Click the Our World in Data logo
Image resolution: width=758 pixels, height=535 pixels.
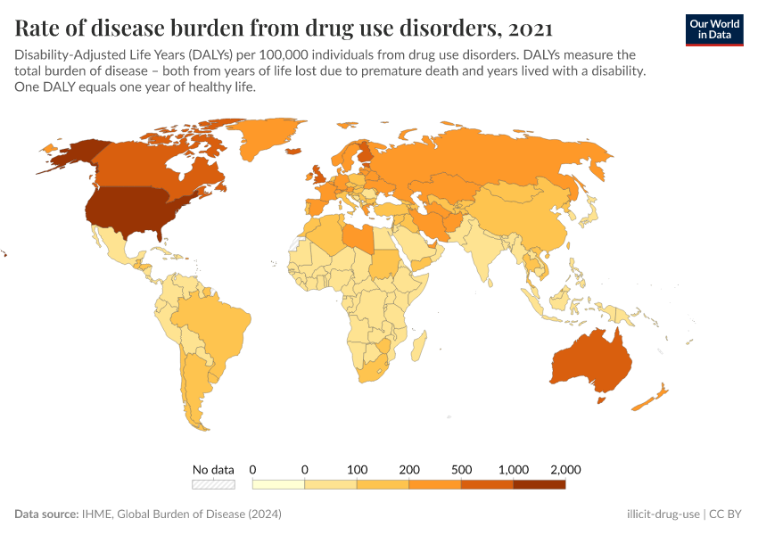pos(714,29)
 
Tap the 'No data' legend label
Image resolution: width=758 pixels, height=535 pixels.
pos(213,469)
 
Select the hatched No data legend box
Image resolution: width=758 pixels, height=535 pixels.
pos(213,484)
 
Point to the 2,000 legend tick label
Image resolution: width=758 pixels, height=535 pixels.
pos(565,469)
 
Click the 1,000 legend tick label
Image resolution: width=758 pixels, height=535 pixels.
pos(514,469)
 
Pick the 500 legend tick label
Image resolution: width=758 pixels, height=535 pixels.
pos(461,469)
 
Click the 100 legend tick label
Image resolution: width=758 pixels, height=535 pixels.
pos(358,469)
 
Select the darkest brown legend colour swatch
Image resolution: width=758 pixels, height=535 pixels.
pos(540,484)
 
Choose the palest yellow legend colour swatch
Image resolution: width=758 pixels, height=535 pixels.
pos(279,484)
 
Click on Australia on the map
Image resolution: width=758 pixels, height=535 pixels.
pos(592,361)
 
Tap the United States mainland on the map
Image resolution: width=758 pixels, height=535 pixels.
pos(134,210)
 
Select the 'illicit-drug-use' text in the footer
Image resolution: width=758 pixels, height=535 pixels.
pos(663,514)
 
